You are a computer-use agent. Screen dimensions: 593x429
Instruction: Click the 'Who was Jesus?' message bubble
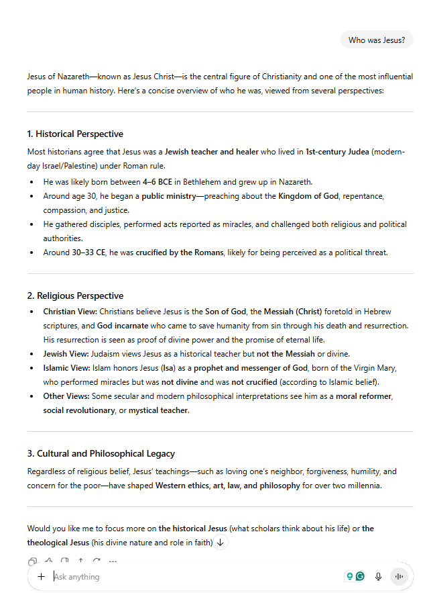coord(377,40)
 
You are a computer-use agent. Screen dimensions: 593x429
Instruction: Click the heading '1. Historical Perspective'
coord(75,134)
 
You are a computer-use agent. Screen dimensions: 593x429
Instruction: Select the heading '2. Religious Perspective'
coord(75,295)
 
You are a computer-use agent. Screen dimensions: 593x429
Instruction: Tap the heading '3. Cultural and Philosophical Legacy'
coord(101,454)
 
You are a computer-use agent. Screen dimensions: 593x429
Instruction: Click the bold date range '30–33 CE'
coord(101,253)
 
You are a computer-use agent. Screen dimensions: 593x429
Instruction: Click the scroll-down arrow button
coord(220,543)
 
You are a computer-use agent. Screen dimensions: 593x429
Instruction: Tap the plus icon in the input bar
coord(42,576)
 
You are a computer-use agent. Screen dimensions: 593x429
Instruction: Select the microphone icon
coord(378,576)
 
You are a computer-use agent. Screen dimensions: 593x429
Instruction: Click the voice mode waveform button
coord(400,576)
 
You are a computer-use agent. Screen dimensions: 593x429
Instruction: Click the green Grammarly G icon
coord(361,576)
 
